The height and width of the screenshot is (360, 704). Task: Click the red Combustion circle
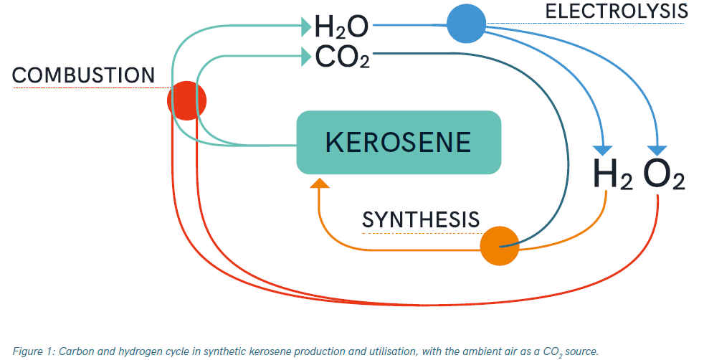point(187,100)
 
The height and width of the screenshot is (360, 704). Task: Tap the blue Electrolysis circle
point(467,24)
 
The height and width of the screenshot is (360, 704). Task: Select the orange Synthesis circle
point(500,246)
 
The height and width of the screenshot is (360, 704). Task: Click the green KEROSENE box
point(399,142)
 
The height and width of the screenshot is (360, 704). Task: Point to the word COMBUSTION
point(83,75)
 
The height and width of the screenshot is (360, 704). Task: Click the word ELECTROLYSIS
point(617,11)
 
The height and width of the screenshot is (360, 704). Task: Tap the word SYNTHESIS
point(421,219)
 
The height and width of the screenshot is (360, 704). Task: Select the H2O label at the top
point(342,27)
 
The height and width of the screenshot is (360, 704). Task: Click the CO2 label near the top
point(343,57)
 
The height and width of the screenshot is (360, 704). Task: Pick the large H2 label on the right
point(613,174)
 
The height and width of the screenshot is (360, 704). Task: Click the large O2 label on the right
point(665,174)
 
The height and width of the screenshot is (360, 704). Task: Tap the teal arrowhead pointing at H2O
point(307,27)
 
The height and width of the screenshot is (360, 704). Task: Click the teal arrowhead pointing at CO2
point(307,57)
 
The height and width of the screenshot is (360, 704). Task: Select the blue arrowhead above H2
point(603,151)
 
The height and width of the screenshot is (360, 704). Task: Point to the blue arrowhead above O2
point(657,151)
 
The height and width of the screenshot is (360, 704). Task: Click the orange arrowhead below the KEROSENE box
point(320,183)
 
